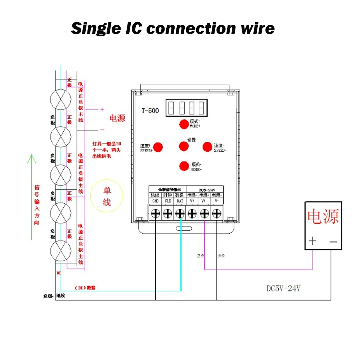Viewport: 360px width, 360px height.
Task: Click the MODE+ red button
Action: (184, 124)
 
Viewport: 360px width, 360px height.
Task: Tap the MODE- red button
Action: (184, 166)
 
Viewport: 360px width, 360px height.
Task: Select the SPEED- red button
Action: (207, 147)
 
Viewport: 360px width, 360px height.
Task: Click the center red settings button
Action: (184, 146)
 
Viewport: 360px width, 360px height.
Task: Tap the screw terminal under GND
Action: (156, 213)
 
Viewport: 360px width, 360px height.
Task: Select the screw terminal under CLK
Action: (168, 213)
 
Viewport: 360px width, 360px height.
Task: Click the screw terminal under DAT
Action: (180, 213)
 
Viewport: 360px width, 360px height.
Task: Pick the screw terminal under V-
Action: (217, 213)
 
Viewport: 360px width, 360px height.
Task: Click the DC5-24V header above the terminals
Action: (206, 190)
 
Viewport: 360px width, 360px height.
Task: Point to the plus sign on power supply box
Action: (312, 241)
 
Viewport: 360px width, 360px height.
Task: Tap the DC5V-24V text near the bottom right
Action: (283, 289)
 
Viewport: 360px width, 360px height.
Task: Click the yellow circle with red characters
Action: (107, 197)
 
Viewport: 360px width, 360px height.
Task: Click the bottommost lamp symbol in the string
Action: (60, 251)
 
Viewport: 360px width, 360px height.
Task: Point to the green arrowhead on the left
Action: (32, 158)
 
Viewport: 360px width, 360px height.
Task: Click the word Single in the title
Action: (94, 28)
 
